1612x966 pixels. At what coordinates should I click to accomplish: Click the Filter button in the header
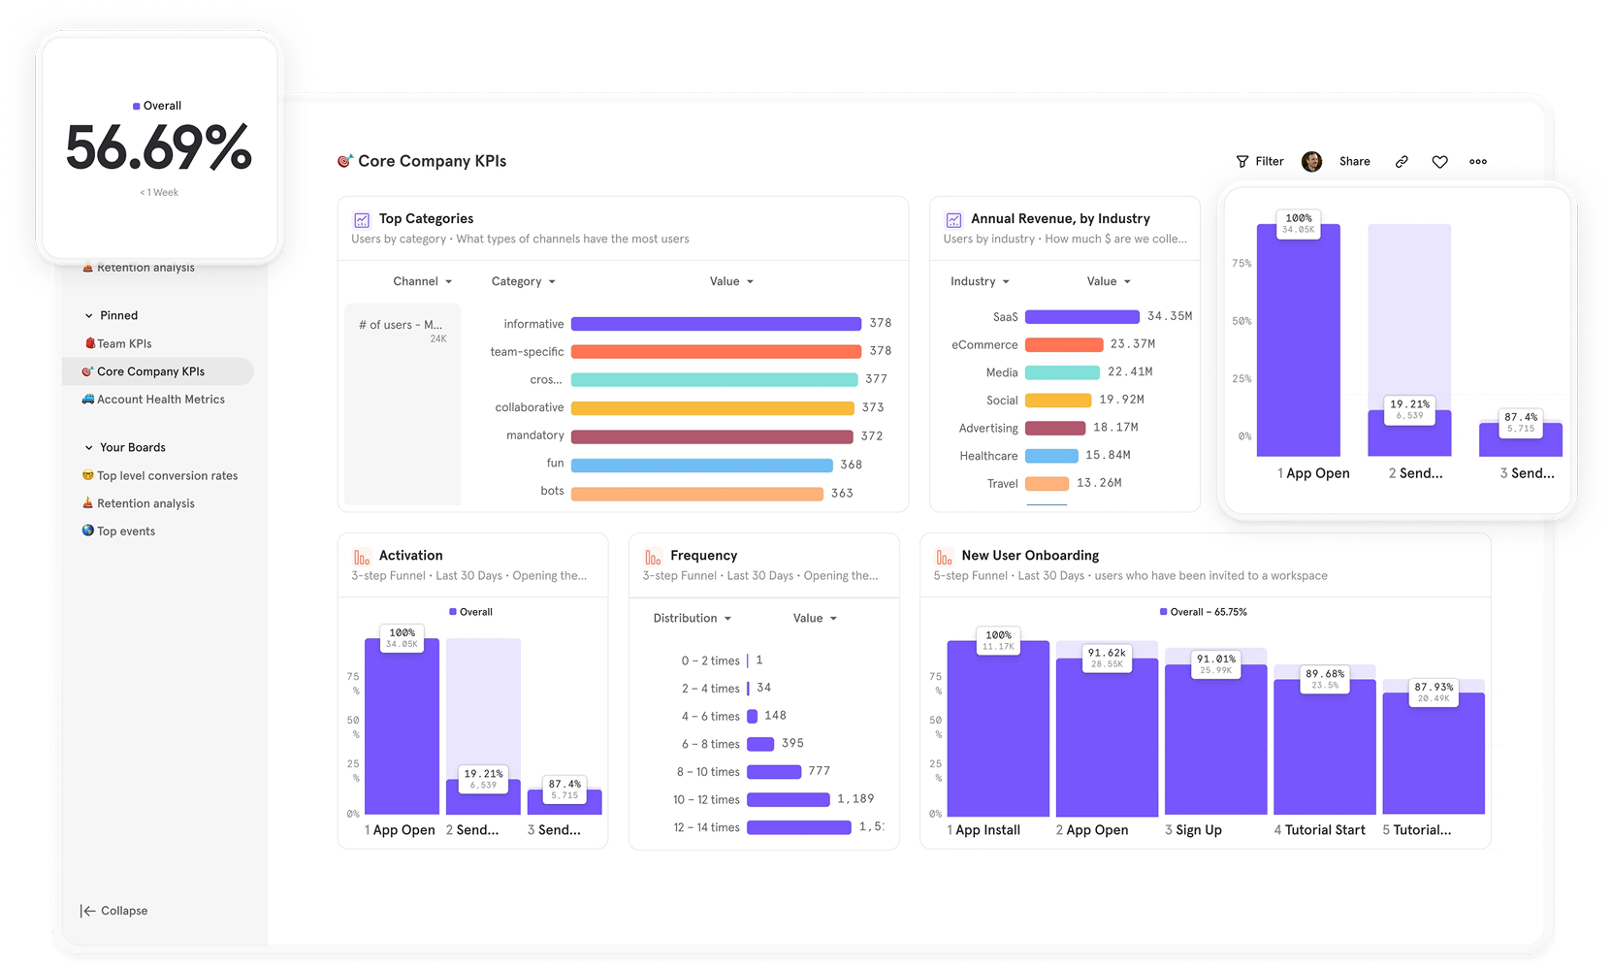(x=1260, y=162)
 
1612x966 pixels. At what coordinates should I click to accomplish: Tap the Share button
(x=1354, y=162)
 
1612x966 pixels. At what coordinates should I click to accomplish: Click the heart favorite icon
(x=1439, y=162)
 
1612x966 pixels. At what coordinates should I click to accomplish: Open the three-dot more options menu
(x=1477, y=162)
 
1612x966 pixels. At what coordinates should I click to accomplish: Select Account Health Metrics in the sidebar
(x=160, y=400)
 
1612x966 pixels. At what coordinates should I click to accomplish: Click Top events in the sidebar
(x=125, y=531)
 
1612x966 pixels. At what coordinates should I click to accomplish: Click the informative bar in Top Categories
(x=716, y=324)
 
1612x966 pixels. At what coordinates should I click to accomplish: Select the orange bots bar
(x=696, y=494)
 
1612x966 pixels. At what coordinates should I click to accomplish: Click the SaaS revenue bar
(x=1081, y=317)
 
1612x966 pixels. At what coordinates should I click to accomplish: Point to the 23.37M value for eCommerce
(x=1132, y=344)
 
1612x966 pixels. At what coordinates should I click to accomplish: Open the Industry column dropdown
(x=980, y=281)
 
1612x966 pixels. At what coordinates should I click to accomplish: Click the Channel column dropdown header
(x=422, y=281)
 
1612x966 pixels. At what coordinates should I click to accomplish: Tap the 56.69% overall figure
(x=158, y=148)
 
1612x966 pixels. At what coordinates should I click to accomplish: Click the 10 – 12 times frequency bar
(x=788, y=800)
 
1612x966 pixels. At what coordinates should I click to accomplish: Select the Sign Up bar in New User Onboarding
(x=1215, y=742)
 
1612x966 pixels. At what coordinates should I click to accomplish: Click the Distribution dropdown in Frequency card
(x=692, y=619)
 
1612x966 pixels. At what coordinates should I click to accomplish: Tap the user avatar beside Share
(x=1311, y=162)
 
